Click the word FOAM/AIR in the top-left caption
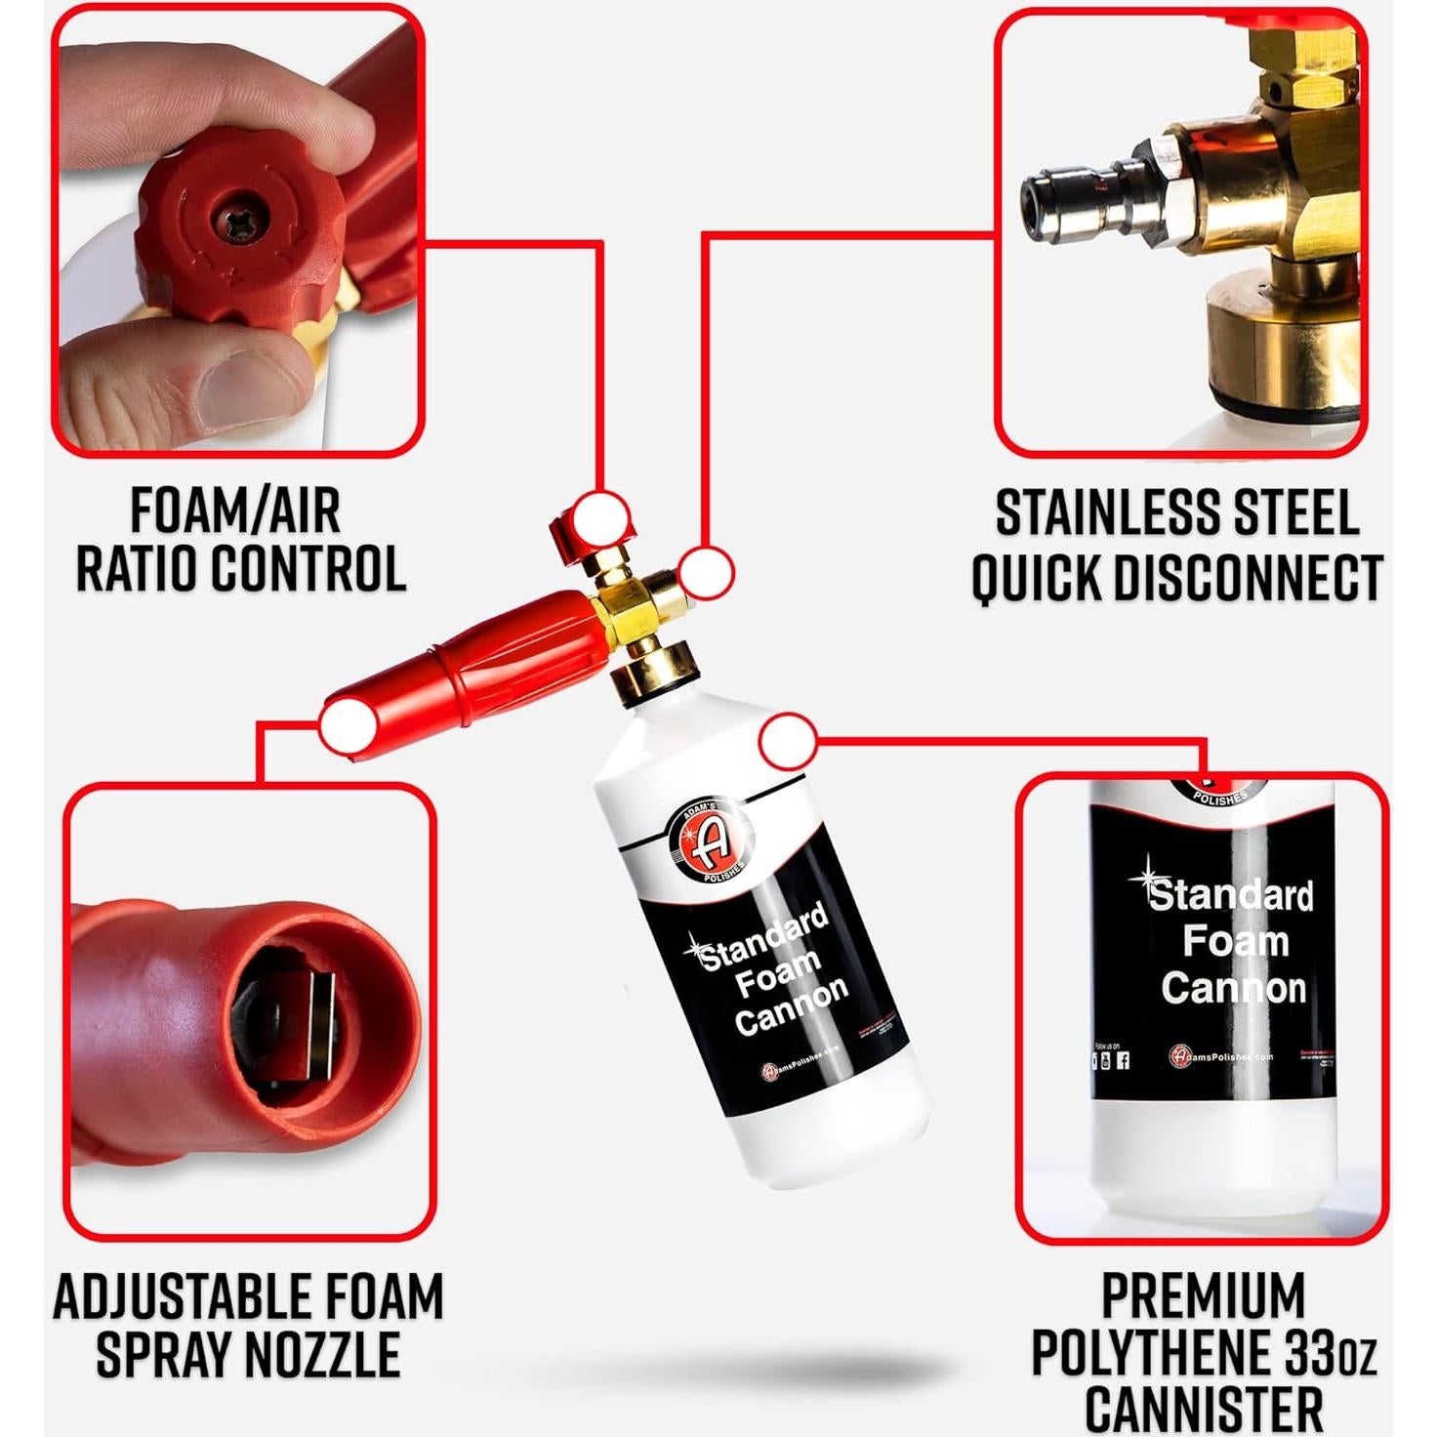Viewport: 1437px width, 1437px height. (x=235, y=511)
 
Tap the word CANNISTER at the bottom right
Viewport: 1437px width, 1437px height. (x=1204, y=1410)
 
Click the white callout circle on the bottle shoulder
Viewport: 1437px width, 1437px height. (x=787, y=741)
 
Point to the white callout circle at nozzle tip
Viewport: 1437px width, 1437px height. (x=348, y=726)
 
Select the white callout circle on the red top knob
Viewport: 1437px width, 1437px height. (x=600, y=515)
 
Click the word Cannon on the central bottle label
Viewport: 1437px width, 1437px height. (x=792, y=1006)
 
